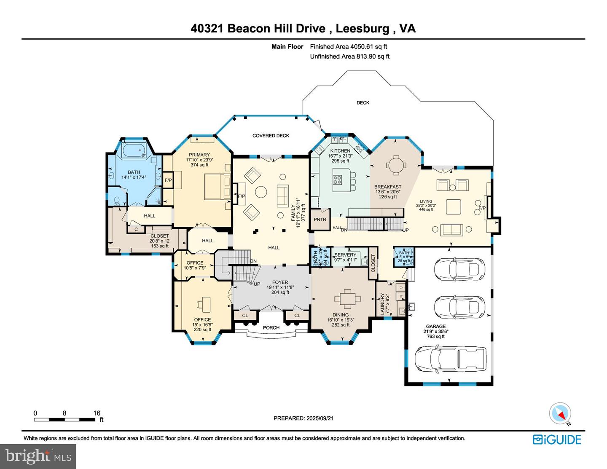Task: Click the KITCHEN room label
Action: pos(340,150)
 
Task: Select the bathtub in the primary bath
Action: pos(133,150)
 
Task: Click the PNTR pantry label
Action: pos(320,220)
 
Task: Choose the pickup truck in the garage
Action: pos(450,359)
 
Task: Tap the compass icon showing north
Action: pos(560,413)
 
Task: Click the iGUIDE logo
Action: pos(557,440)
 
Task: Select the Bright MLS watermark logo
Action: pos(38,456)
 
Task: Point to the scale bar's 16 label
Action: pos(97,413)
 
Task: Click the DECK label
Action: pos(363,102)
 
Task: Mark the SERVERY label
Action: pos(345,255)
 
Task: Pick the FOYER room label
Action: pos(280,282)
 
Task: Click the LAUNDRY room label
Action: pos(383,303)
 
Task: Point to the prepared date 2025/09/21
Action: pos(320,418)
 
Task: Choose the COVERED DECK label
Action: pos(271,136)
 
